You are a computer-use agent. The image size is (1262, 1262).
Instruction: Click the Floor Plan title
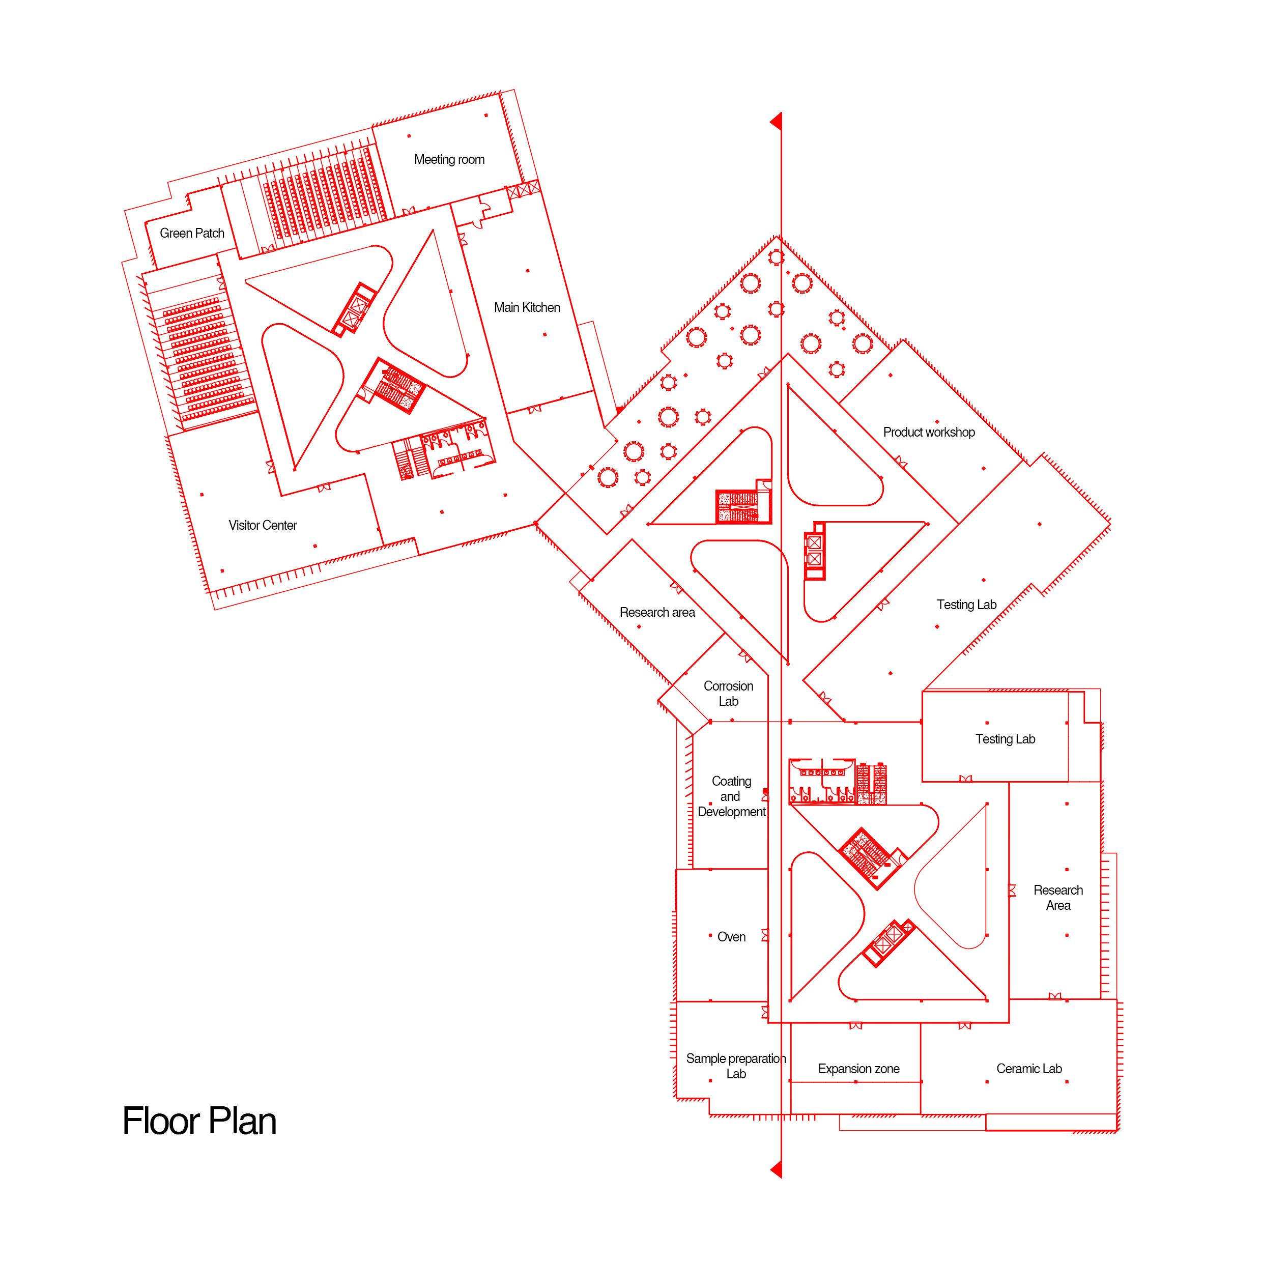coord(199,1121)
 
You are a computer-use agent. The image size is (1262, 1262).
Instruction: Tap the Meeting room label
coord(449,159)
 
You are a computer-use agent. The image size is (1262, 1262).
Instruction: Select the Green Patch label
coord(192,233)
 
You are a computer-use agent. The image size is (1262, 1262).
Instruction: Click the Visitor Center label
coord(263,525)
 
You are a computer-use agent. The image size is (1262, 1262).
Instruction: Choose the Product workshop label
coord(929,432)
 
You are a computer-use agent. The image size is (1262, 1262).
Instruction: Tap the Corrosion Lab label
coord(728,694)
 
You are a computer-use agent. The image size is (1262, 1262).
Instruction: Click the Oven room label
coord(731,937)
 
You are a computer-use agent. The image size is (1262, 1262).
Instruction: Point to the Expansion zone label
coord(858,1069)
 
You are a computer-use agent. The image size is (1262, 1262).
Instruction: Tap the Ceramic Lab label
coord(1029,1069)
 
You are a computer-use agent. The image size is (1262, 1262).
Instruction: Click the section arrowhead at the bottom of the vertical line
coord(777,1169)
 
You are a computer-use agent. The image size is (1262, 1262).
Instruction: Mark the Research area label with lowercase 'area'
coord(657,612)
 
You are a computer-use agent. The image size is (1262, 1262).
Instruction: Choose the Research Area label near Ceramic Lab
coord(1058,898)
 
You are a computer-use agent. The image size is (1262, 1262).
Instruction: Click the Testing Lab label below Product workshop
coord(967,605)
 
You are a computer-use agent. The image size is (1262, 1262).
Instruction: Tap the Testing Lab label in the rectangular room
coord(1006,739)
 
